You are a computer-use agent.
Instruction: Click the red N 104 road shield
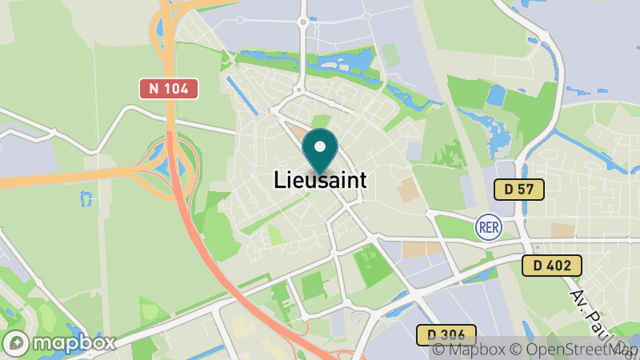point(169,89)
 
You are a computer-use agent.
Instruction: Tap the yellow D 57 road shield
point(518,190)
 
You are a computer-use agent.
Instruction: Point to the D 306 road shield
point(446,334)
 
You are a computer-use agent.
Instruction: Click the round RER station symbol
point(488,226)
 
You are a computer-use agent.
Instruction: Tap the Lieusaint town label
point(320,180)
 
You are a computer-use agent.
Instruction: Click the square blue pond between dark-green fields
point(496,96)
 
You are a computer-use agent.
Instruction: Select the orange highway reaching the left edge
point(48,179)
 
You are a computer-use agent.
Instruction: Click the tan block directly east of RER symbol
point(563,230)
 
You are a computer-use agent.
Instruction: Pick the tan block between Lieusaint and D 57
point(408,190)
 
